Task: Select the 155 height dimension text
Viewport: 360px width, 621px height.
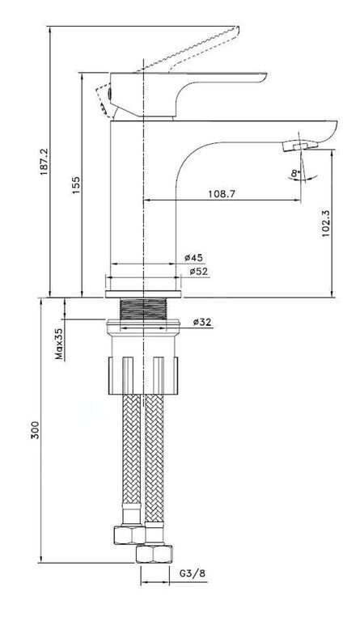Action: tap(75, 184)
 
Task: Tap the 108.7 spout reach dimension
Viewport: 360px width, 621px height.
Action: tap(222, 194)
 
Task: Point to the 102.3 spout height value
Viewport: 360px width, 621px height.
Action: tap(325, 222)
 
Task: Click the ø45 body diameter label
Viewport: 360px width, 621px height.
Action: tap(193, 257)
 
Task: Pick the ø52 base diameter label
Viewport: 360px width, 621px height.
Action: tap(198, 272)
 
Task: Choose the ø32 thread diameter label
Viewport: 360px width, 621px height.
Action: tap(203, 323)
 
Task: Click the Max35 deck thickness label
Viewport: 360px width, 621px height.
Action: tap(59, 344)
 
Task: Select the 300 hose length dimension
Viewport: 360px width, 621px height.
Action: tap(36, 429)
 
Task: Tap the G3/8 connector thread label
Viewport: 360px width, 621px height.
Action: tap(193, 573)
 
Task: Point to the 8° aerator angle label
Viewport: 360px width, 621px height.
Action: tap(295, 173)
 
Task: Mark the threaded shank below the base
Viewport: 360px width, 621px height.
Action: tap(143, 309)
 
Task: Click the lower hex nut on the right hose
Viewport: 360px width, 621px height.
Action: tap(154, 554)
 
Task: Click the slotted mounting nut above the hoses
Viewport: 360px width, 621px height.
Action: tap(142, 375)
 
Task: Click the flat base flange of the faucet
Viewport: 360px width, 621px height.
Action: tap(143, 294)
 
